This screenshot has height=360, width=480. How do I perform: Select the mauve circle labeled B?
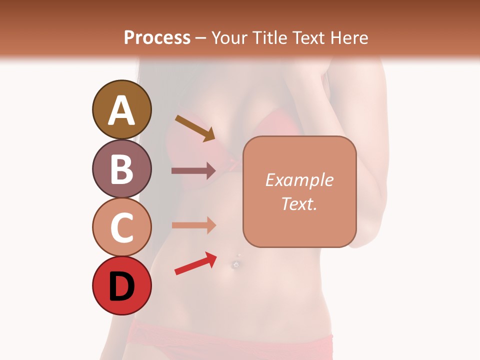tap(121, 169)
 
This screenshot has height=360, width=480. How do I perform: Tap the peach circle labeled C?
tap(121, 227)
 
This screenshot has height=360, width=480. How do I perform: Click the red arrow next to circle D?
tap(195, 263)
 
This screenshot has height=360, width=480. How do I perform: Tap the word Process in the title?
tap(157, 37)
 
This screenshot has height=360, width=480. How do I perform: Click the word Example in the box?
tap(299, 180)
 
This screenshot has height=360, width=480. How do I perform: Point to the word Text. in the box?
tap(299, 203)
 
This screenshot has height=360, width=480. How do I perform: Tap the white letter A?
tap(121, 110)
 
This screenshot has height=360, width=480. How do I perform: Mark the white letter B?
tap(121, 169)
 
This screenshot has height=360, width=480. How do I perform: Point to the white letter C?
tap(121, 227)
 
